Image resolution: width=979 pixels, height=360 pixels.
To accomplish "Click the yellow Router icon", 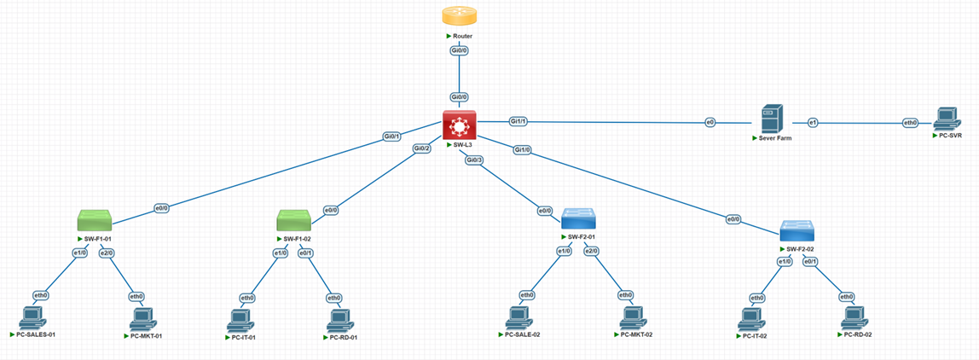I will (459, 16).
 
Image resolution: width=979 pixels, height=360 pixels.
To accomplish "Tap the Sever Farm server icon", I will (772, 118).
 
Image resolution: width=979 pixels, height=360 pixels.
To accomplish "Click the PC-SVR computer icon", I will (946, 119).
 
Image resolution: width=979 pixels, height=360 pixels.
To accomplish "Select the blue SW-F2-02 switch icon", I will (797, 230).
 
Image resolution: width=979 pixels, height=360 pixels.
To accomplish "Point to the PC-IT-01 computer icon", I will (241, 321).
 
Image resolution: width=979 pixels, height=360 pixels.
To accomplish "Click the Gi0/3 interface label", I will (474, 160).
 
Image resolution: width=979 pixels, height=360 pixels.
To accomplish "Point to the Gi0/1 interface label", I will (392, 136).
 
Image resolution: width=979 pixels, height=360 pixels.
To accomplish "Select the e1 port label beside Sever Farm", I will (813, 123).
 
